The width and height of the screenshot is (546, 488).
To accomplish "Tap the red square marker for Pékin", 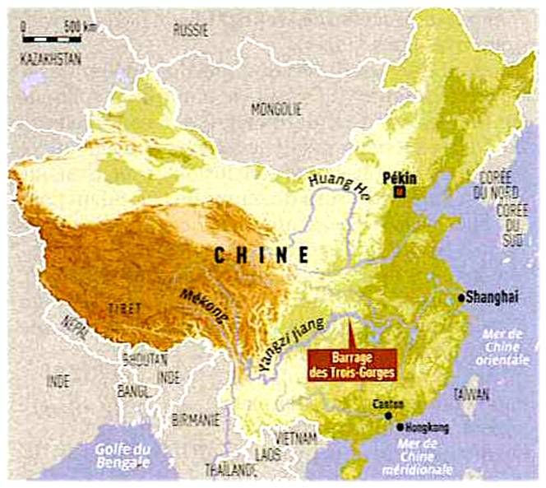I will (x=400, y=193).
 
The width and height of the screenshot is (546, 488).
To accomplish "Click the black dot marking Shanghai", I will (x=461, y=297).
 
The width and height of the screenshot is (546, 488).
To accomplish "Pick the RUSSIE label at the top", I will (x=191, y=30).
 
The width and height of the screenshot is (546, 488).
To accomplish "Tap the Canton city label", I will (x=388, y=404).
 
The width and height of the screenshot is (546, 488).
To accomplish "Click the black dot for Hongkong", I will (x=400, y=427).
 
